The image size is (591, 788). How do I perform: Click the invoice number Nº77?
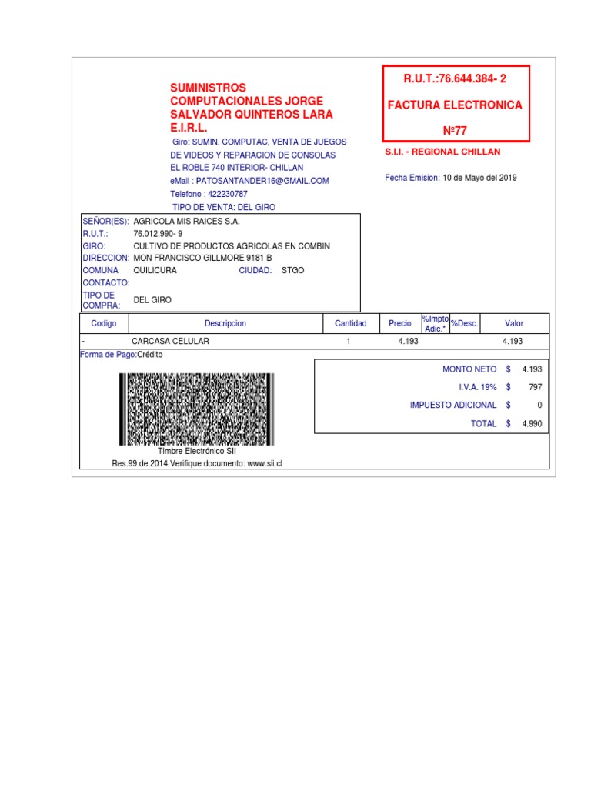click(x=456, y=130)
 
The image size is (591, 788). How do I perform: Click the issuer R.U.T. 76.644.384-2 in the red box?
click(x=456, y=78)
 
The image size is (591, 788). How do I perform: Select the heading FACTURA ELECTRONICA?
click(x=456, y=105)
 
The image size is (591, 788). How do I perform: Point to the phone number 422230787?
click(x=228, y=194)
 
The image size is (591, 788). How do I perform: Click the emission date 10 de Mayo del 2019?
click(x=479, y=178)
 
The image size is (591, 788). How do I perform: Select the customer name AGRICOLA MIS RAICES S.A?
click(x=187, y=221)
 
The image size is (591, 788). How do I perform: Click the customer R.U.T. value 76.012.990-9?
click(x=159, y=233)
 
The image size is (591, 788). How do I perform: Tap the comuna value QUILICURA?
click(x=155, y=270)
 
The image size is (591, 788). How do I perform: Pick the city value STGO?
click(x=293, y=270)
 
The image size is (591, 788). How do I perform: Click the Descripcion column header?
click(x=225, y=323)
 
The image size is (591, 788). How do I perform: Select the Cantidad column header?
click(x=351, y=323)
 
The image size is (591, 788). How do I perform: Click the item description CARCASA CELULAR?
click(x=170, y=341)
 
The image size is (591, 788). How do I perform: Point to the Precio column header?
click(x=400, y=323)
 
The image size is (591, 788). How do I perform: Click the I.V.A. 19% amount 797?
click(x=536, y=387)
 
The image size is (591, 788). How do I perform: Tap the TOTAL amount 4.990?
click(x=532, y=423)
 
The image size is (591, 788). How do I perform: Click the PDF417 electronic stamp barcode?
click(x=197, y=409)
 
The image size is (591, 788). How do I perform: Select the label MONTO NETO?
click(x=469, y=369)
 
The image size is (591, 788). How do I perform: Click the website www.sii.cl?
click(x=265, y=464)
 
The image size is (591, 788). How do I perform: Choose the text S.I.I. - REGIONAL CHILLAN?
click(x=442, y=152)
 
